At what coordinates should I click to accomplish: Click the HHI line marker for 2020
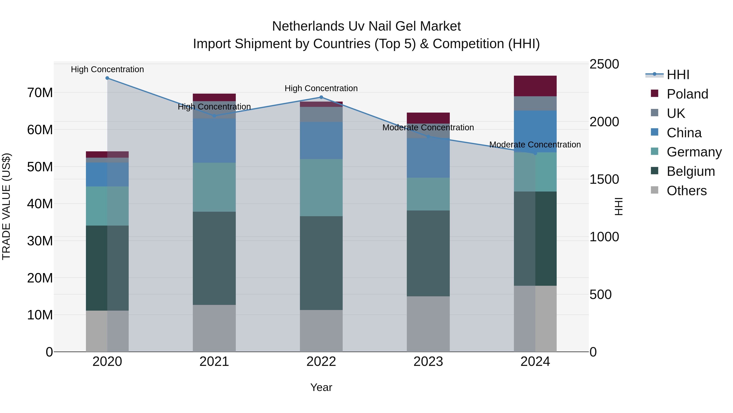(x=107, y=78)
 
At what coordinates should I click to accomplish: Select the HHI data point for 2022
(x=321, y=97)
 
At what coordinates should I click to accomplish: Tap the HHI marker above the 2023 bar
(x=428, y=137)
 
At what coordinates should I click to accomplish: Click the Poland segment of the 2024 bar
(x=535, y=86)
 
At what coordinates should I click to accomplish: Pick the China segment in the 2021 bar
(x=214, y=141)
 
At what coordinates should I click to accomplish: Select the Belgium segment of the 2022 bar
(x=321, y=263)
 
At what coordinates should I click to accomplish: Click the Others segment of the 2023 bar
(x=428, y=324)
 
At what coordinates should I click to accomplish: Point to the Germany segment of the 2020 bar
(x=107, y=206)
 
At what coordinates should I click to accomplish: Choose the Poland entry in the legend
(x=687, y=94)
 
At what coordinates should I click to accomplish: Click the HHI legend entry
(x=677, y=75)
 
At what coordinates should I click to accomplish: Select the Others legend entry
(x=686, y=191)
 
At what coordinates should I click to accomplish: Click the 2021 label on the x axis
(x=214, y=362)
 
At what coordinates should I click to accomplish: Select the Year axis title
(x=321, y=387)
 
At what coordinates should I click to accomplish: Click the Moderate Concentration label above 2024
(x=535, y=145)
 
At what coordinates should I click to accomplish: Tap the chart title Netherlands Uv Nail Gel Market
(x=366, y=26)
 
